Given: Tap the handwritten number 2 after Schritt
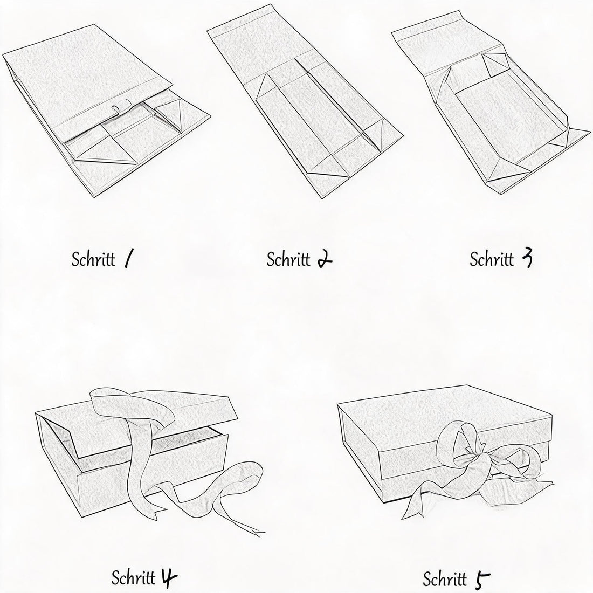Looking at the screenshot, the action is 325,259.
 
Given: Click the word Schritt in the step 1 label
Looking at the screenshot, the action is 93,259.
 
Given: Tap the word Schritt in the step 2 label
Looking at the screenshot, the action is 288,259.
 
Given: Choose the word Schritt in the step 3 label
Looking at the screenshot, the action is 492,259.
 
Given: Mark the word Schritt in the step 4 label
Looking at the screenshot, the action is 133,578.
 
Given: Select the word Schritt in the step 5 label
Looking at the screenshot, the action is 445,579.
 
